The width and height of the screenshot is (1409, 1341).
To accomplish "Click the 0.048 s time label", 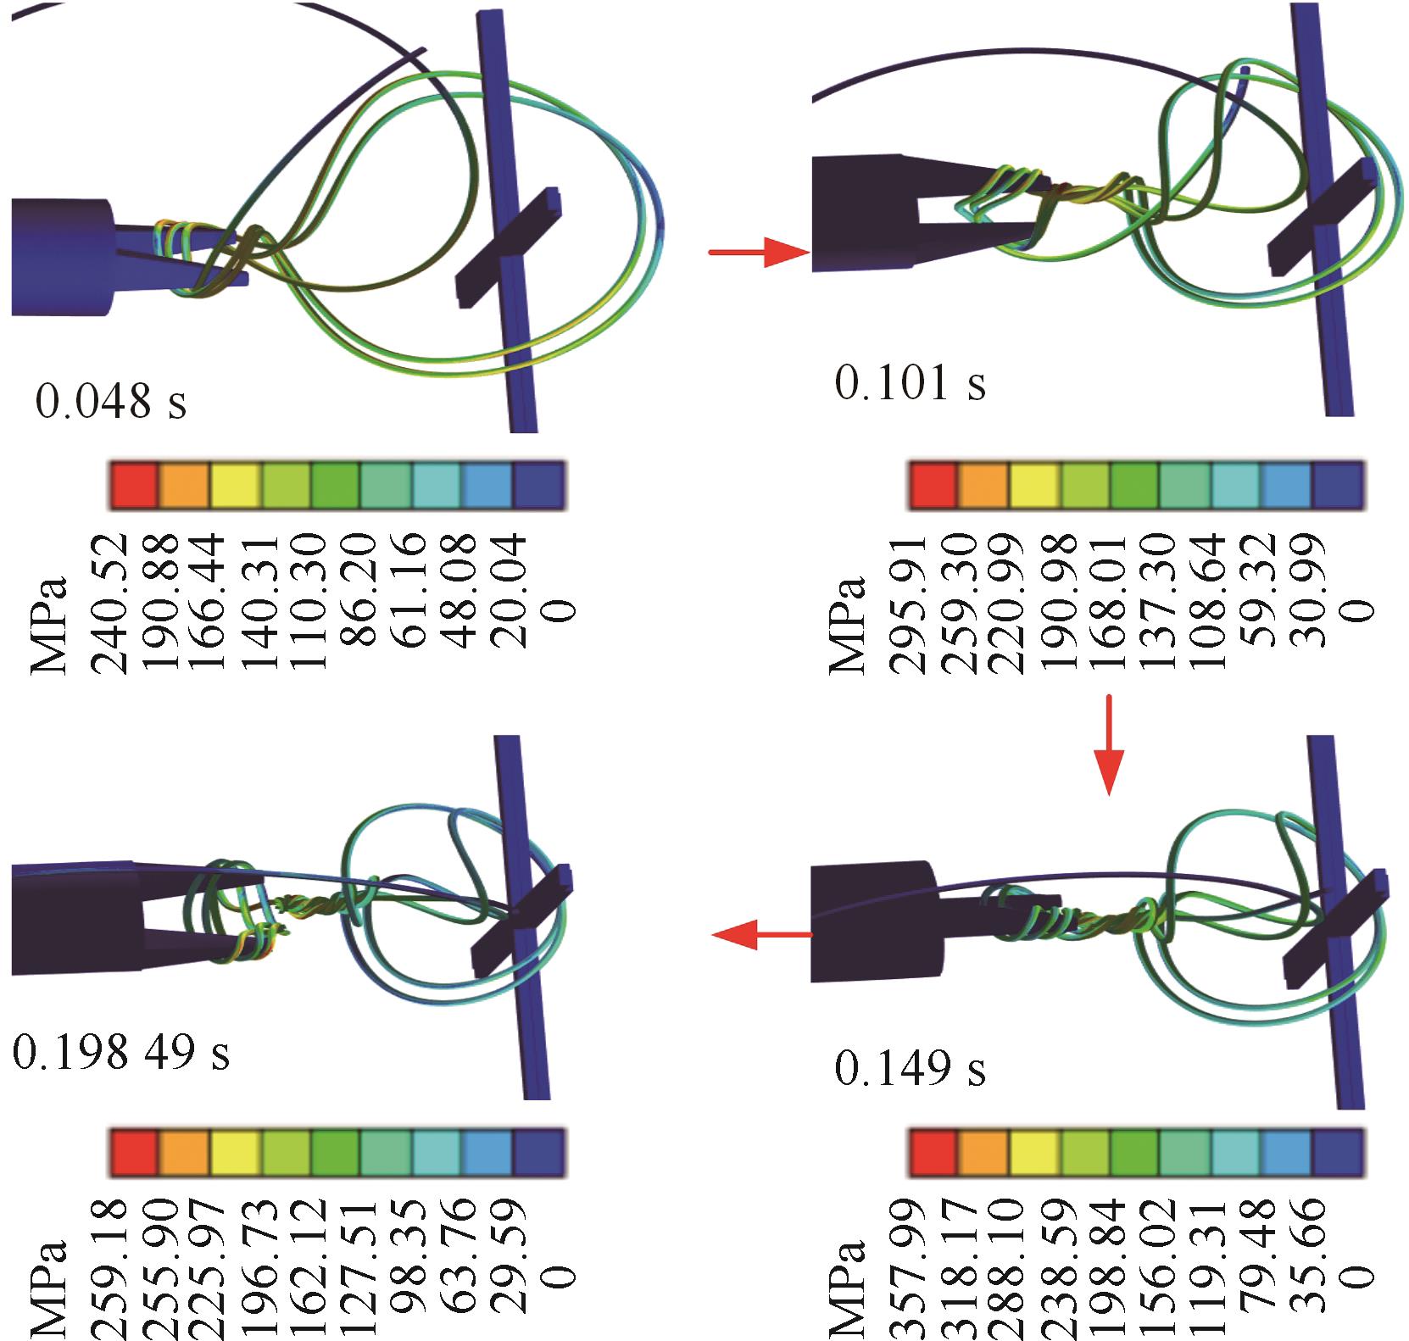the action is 111,401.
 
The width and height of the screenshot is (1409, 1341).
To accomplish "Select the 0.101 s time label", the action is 911,382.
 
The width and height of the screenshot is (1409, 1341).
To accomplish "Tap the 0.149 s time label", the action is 911,1068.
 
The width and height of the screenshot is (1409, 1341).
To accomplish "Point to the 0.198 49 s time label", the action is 120,1053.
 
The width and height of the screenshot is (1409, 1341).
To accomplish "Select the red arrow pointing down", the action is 1109,745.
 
